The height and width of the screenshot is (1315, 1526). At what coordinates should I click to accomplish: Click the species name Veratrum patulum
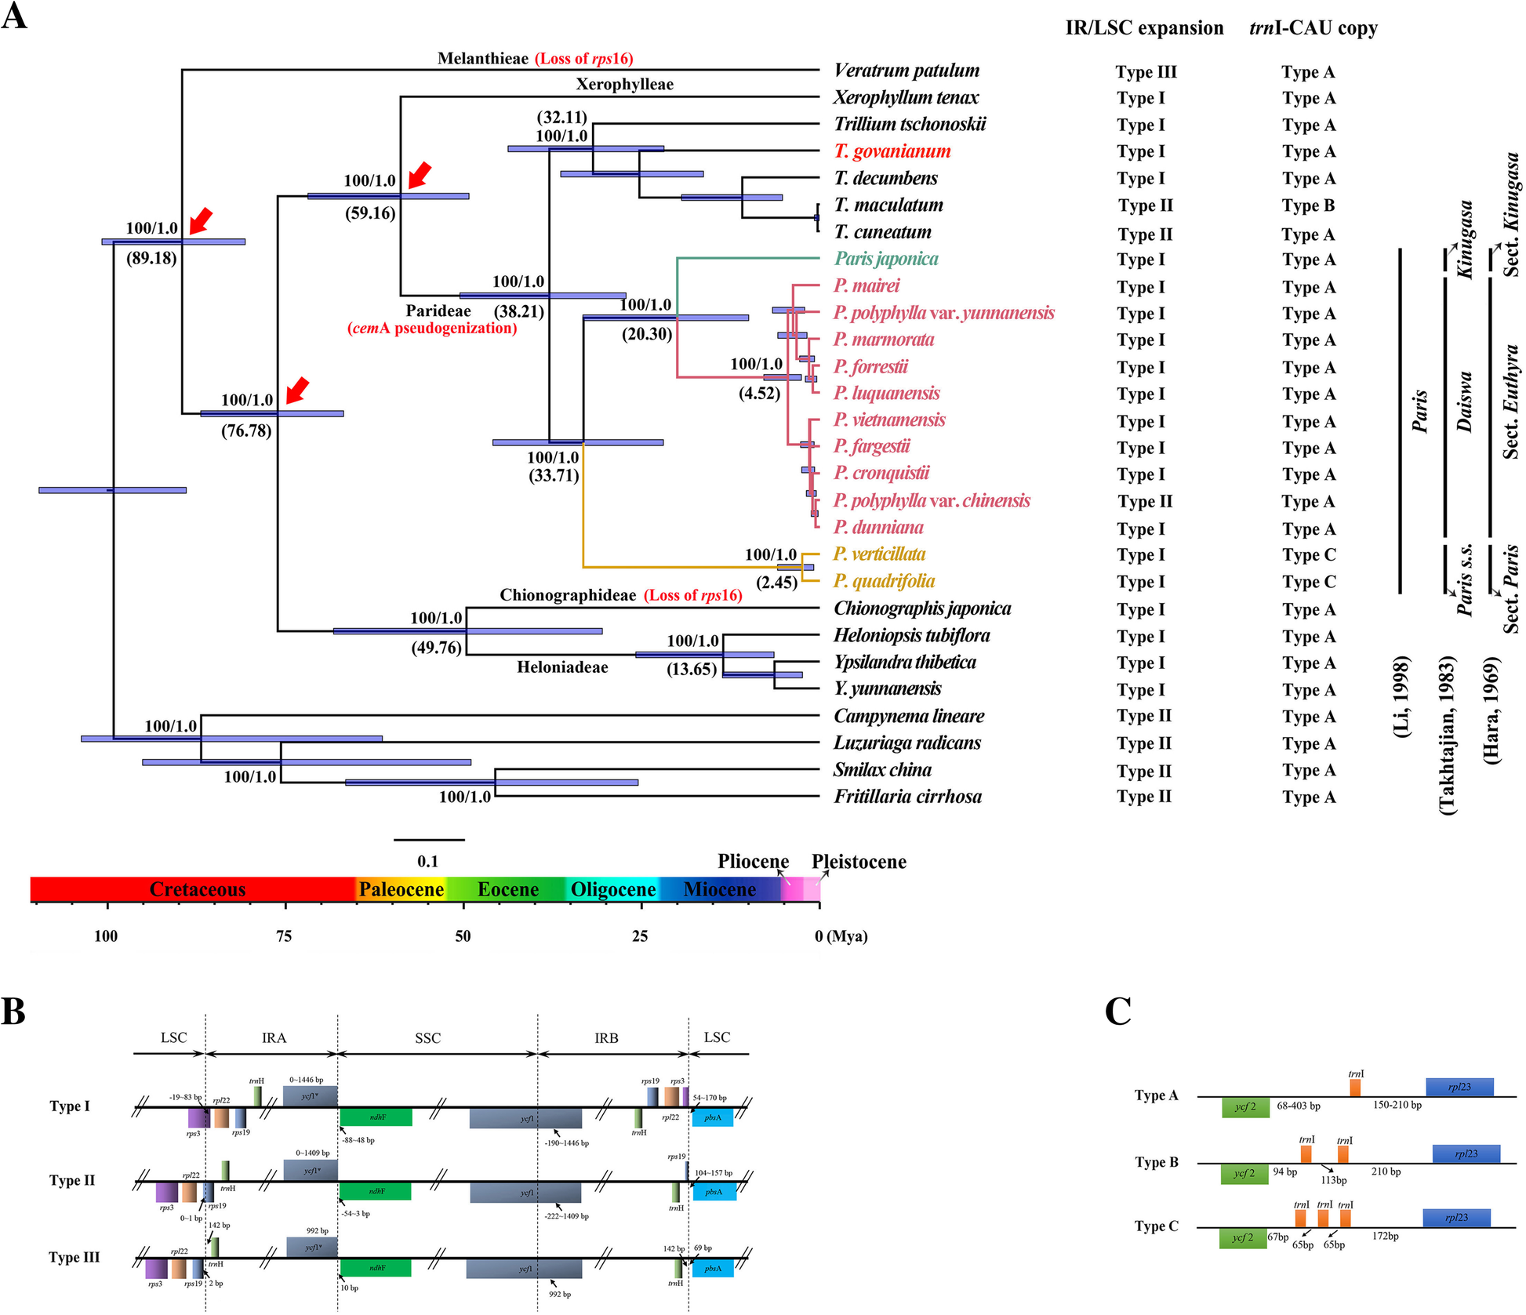coord(907,71)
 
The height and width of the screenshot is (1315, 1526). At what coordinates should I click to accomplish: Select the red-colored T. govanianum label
coord(892,151)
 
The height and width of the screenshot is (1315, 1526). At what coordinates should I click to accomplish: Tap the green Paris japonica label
coord(886,259)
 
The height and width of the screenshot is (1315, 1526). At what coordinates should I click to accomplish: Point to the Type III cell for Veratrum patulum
coord(1146,72)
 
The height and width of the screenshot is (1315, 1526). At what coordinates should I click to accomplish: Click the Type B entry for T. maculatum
coord(1308,205)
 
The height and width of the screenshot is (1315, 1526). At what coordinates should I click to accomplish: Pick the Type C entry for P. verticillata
coord(1309,555)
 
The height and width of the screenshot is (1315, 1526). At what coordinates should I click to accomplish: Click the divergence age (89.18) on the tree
coord(151,258)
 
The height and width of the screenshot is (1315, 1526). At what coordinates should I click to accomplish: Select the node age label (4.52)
coord(759,393)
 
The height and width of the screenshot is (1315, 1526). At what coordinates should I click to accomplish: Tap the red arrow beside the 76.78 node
coord(297,390)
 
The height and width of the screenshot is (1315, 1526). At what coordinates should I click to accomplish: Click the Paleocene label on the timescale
coord(401,889)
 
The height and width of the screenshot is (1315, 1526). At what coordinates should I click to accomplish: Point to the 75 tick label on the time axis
coord(284,936)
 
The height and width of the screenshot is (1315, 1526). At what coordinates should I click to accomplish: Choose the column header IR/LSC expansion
coord(1144,28)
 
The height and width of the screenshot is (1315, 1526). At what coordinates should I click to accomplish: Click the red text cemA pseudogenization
coord(432,329)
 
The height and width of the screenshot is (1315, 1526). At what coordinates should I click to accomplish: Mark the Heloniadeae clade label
coord(562,667)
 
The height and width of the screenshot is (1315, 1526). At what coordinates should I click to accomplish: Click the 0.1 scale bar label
coord(427,861)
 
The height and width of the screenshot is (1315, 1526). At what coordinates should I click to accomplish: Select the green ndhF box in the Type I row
coord(376,1117)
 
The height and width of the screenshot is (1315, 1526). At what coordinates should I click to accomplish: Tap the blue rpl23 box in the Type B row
coord(1466,1153)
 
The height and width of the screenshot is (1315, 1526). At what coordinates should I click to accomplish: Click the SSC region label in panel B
coord(427,1038)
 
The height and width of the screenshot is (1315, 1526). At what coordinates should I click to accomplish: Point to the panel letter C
coord(1118,1011)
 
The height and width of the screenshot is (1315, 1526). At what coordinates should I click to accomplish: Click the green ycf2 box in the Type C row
coord(1243,1238)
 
